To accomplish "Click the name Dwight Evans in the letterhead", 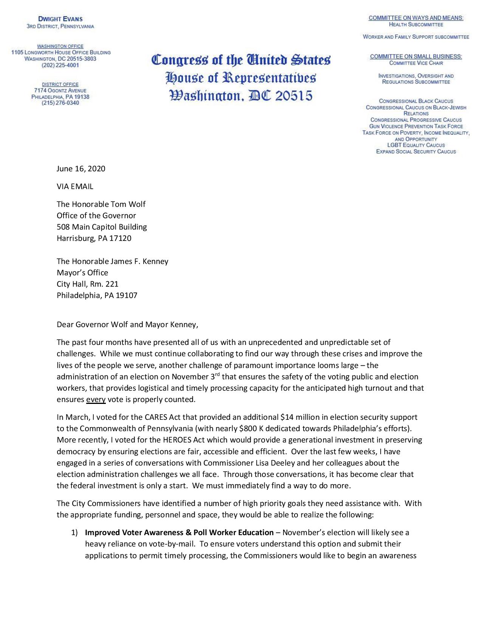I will (60, 19).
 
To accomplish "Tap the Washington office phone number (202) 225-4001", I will (60, 65).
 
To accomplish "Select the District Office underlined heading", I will (60, 84).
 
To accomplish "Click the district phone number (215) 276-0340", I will (60, 103).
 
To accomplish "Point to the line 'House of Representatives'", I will (241, 78).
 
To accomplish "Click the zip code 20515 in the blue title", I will (293, 96).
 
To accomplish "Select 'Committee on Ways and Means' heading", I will (416, 18).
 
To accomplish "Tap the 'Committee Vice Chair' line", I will (416, 63).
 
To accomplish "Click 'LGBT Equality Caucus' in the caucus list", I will (416, 145).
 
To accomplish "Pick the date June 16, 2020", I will (81, 169).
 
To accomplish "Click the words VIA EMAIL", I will (75, 186).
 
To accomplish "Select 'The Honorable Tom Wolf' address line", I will (101, 204).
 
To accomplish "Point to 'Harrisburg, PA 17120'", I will (94, 238).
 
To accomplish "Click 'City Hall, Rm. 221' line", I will (88, 284).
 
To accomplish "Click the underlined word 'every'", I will (96, 399).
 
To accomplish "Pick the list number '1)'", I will (74, 533).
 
